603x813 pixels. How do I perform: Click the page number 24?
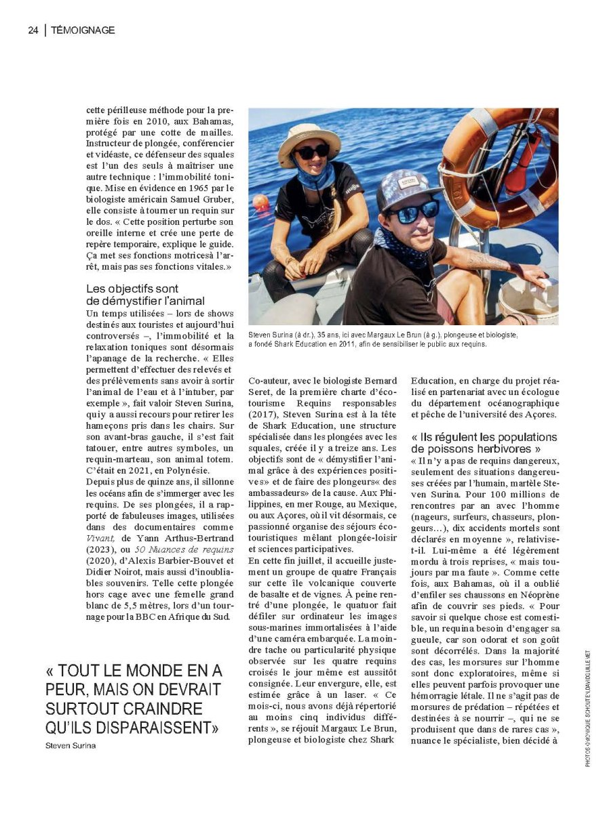(33, 30)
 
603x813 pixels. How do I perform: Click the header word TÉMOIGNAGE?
(83, 30)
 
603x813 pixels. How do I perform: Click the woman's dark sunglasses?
(312, 152)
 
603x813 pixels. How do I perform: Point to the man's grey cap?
(404, 188)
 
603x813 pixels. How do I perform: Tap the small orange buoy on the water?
(260, 202)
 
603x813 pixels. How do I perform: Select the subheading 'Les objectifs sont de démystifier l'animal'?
(146, 294)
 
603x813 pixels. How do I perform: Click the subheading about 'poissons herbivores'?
(484, 442)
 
